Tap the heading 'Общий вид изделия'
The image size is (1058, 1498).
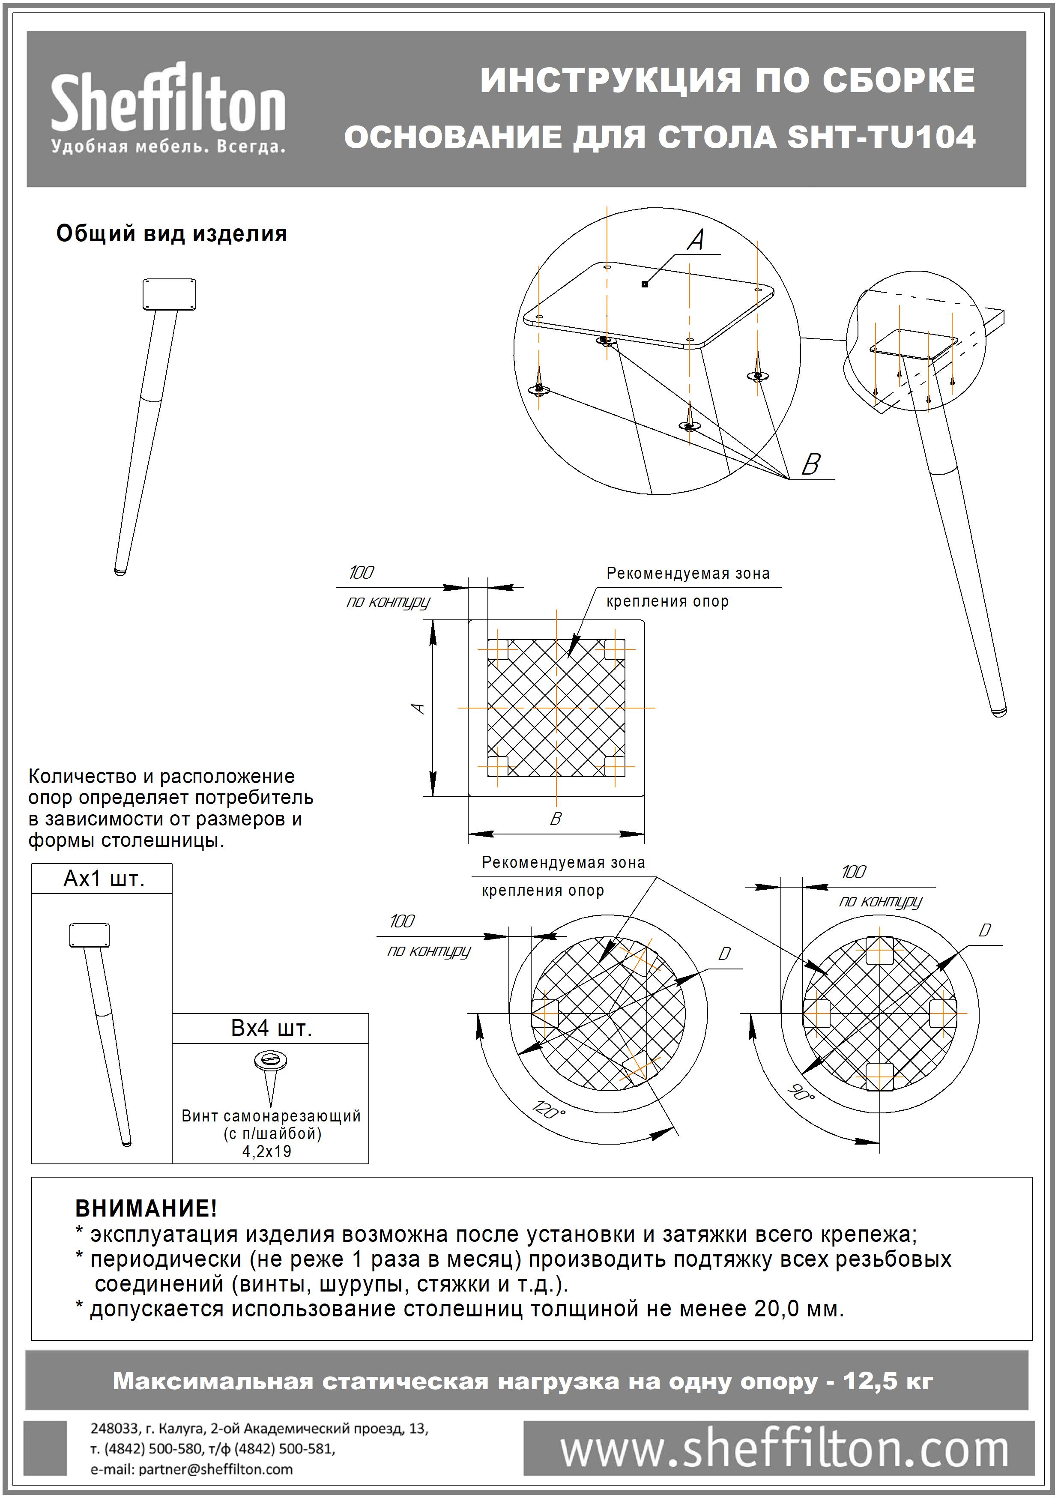tap(171, 233)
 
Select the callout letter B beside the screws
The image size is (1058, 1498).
tap(810, 465)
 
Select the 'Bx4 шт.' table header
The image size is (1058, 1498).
tap(271, 1028)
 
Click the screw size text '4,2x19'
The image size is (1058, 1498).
tap(267, 1151)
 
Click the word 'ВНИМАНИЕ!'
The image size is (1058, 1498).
tap(146, 1208)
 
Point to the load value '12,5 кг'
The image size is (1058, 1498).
tap(888, 1381)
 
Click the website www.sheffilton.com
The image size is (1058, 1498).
tap(784, 1452)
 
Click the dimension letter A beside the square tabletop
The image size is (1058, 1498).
tap(419, 708)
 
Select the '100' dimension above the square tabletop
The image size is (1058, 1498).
tap(362, 573)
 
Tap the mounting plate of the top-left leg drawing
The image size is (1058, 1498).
tap(169, 294)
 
